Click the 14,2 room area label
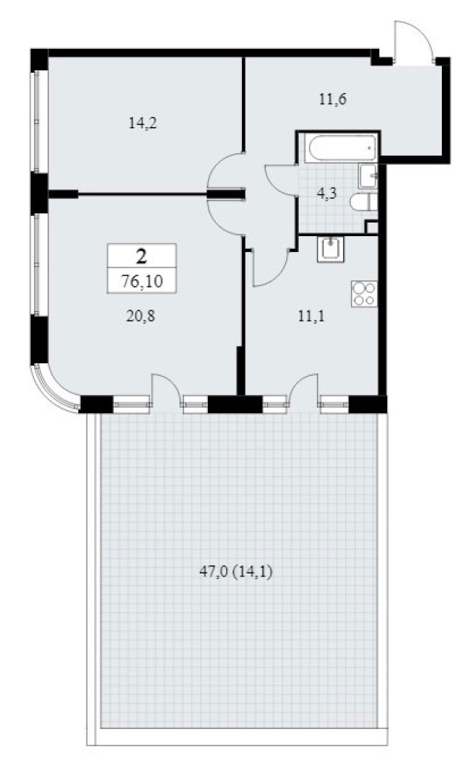(142, 123)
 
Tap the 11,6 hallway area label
(333, 100)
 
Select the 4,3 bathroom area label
(327, 194)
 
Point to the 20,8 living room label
(141, 318)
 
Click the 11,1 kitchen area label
(311, 317)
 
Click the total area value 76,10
(141, 280)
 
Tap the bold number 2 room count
(141, 256)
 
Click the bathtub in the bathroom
(341, 148)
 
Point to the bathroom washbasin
(368, 176)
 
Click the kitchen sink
(331, 249)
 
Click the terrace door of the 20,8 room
(166, 389)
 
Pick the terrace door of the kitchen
(305, 389)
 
